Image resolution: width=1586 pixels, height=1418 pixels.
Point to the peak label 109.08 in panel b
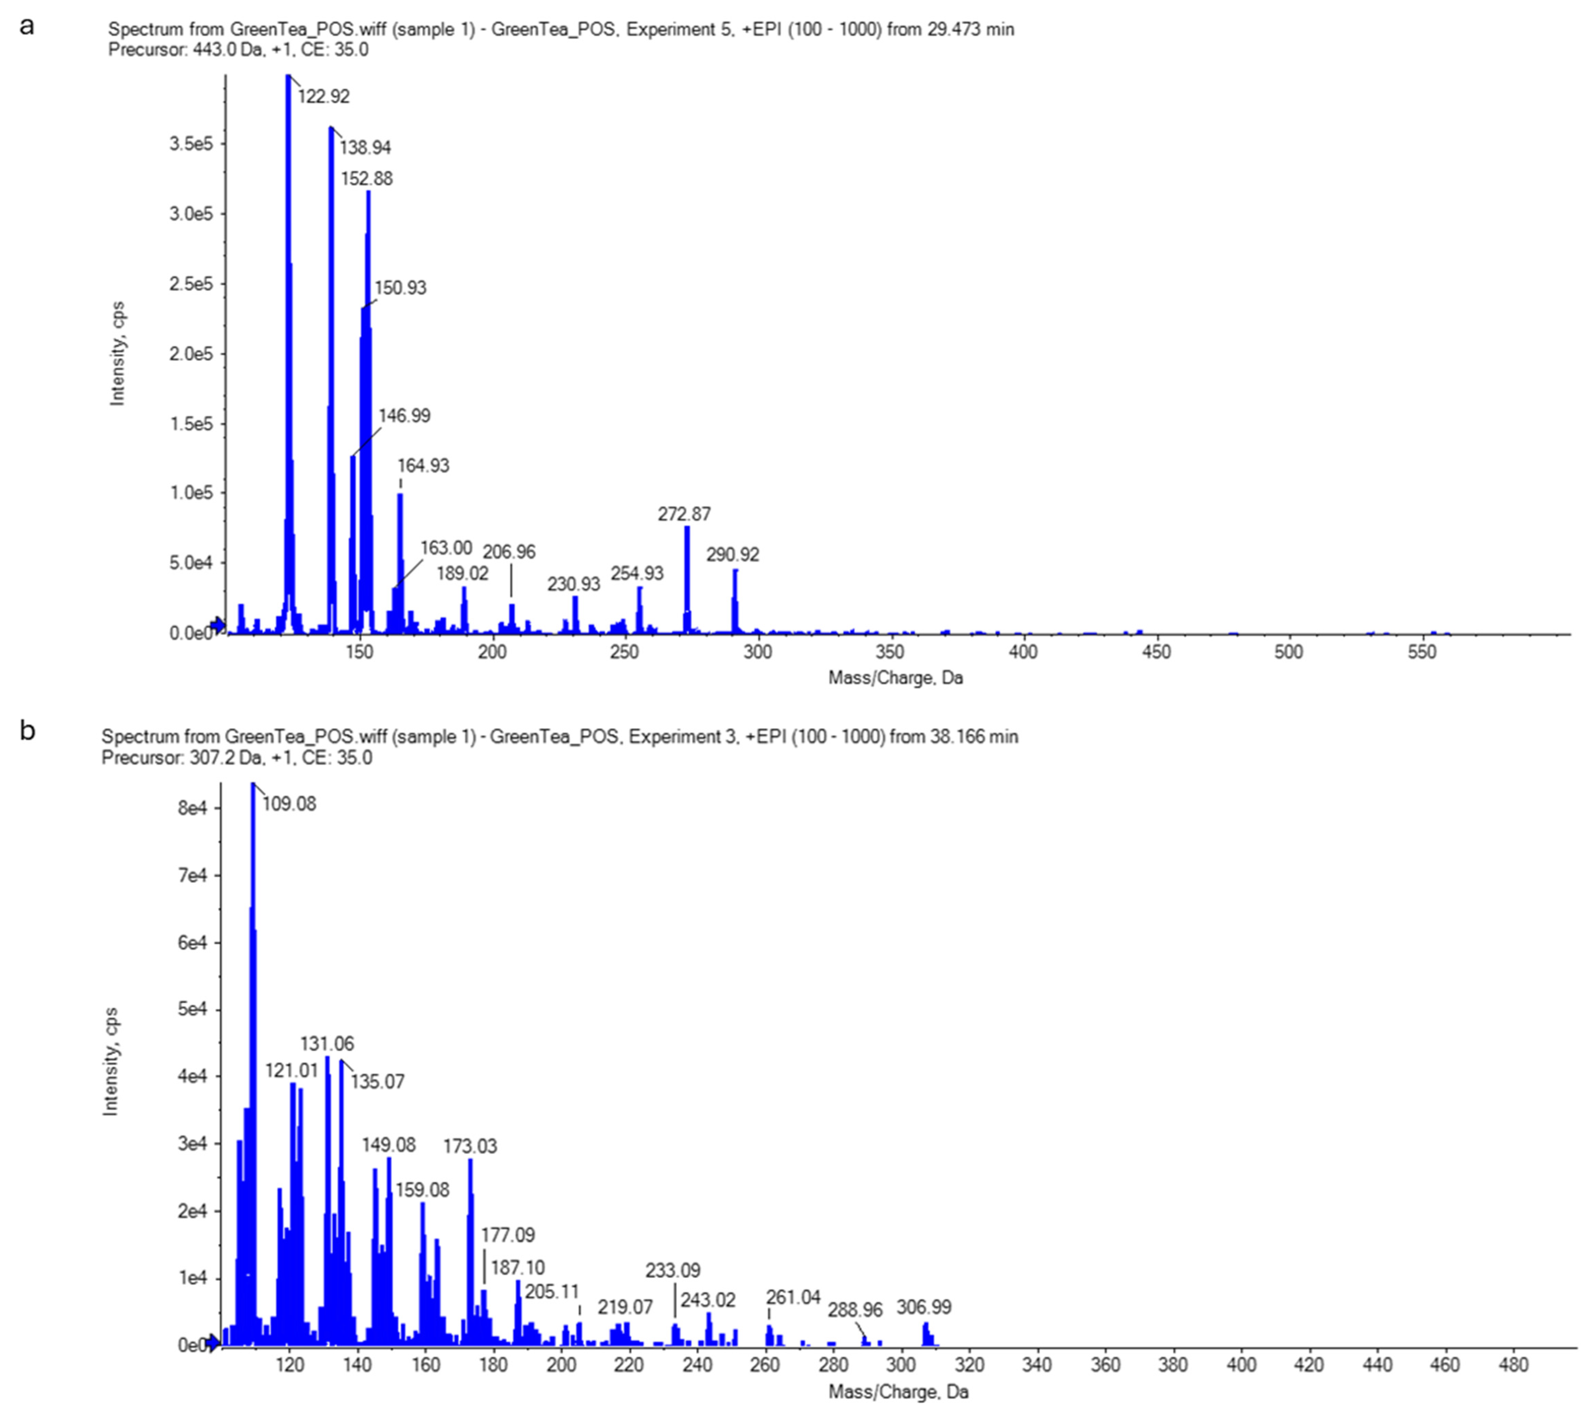pos(289,804)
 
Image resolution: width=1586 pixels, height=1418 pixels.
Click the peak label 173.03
pos(470,1146)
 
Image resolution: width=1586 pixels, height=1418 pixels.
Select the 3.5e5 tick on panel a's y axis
pos(191,144)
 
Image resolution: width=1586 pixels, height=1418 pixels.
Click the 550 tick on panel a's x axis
pos(1422,652)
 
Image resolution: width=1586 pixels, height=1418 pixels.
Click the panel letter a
pos(27,26)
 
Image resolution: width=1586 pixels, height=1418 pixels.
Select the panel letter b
pos(27,731)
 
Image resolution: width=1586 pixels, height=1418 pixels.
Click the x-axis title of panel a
pos(896,678)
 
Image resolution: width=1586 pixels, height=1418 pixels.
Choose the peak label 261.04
pos(792,1297)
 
